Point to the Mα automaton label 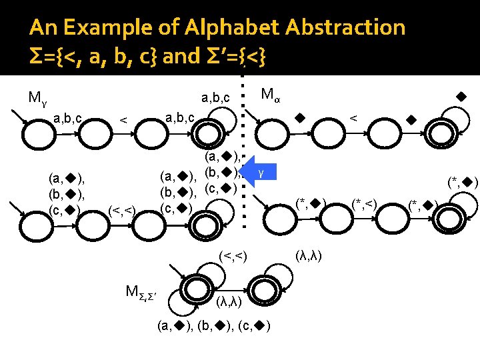tap(270, 94)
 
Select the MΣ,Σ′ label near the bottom tap(141, 291)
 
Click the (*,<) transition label tap(365, 203)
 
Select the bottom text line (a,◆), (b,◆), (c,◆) tap(213, 326)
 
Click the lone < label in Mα tap(354, 118)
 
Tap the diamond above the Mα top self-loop tap(459, 97)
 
